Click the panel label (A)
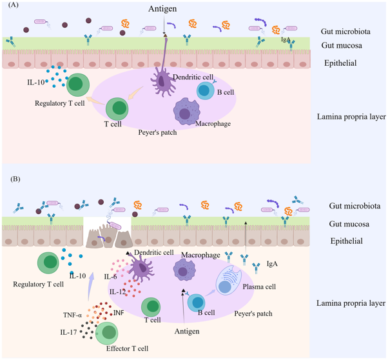[14, 5]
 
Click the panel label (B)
[15, 179]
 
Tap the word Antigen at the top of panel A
[162, 9]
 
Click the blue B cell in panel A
[206, 91]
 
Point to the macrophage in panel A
[186, 112]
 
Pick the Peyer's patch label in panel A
[158, 132]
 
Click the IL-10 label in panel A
[35, 82]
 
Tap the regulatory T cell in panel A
[78, 85]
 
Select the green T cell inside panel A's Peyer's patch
[117, 109]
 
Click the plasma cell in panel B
[228, 280]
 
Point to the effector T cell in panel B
[106, 334]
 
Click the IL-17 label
[68, 332]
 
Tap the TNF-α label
[72, 315]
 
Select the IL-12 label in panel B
[117, 292]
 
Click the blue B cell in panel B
[196, 303]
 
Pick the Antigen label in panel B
[187, 331]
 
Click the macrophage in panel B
[184, 270]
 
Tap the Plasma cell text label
[259, 286]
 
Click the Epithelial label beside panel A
[340, 63]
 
